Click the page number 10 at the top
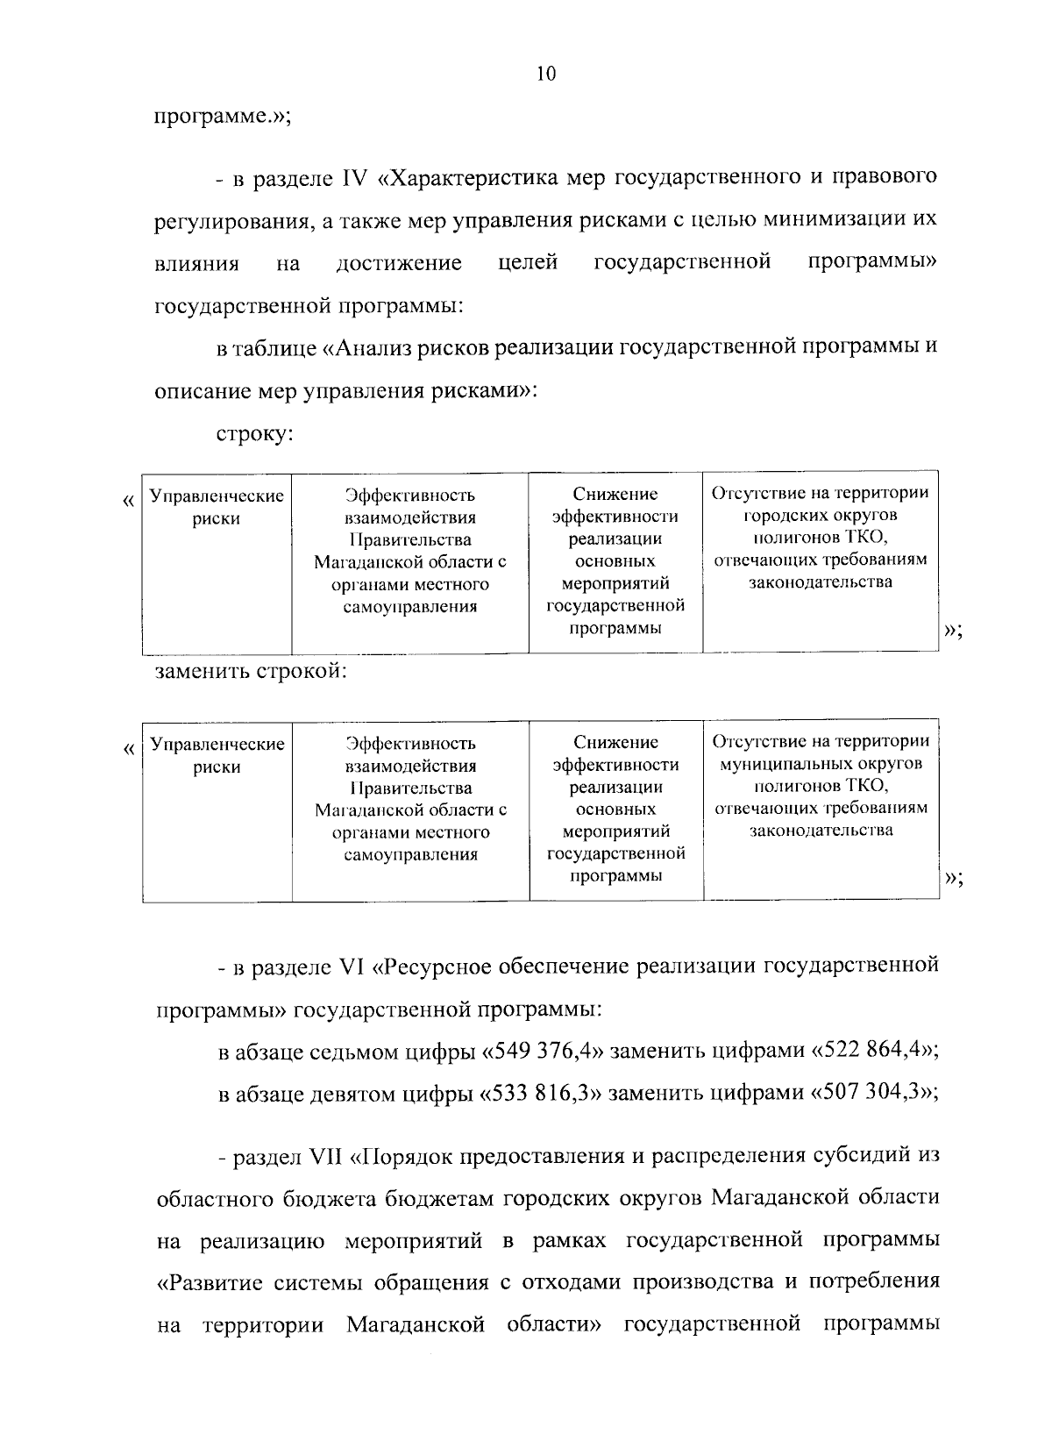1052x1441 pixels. pos(545,75)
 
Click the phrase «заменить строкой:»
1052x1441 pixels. pos(252,673)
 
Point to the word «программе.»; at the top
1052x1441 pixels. pos(223,118)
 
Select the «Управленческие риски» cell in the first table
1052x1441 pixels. pos(217,507)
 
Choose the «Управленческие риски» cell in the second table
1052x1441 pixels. pos(217,755)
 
